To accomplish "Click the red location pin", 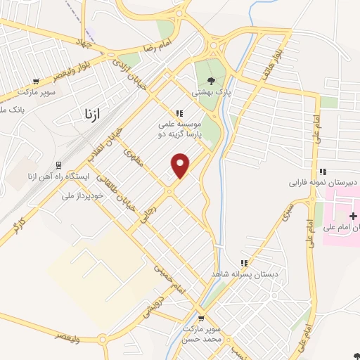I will pos(181,165).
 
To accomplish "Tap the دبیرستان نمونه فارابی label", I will pos(323,182).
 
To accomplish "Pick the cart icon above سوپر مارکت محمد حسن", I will pos(201,319).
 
